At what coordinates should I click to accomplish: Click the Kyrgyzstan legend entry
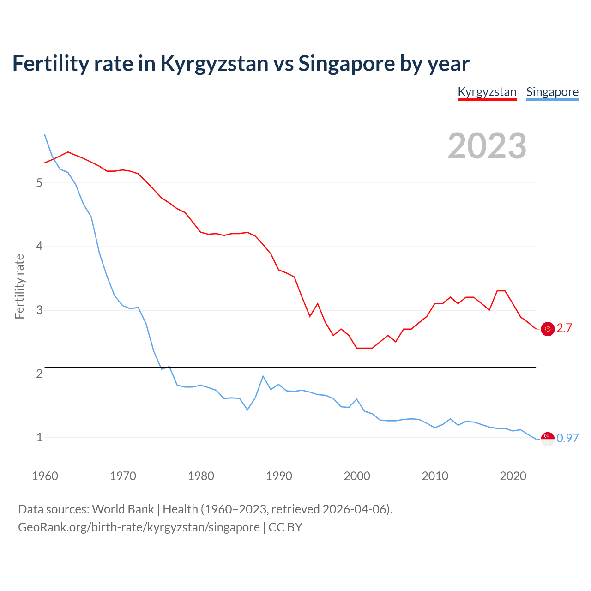click(x=487, y=92)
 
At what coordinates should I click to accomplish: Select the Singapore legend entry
click(x=552, y=92)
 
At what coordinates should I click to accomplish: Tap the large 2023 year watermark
click(x=487, y=146)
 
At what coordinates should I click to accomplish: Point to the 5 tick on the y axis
click(x=39, y=183)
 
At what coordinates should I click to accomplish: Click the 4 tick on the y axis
click(x=39, y=247)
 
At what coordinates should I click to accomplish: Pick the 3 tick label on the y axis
click(x=39, y=310)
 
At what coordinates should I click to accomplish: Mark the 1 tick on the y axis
click(x=39, y=437)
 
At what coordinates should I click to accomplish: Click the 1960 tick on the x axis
click(x=45, y=476)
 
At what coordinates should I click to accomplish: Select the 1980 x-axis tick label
click(x=201, y=476)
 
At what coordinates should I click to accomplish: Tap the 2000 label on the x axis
click(x=357, y=476)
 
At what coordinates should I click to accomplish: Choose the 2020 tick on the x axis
click(x=513, y=476)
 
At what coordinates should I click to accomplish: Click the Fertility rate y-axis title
click(x=19, y=286)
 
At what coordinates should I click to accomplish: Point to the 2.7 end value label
click(x=564, y=328)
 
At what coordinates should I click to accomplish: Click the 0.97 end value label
click(x=567, y=438)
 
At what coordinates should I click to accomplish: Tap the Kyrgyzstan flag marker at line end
click(x=548, y=329)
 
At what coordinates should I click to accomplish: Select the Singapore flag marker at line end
click(x=548, y=439)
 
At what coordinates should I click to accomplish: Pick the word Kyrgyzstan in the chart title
click(x=214, y=63)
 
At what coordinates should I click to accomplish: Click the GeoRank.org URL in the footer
click(x=139, y=527)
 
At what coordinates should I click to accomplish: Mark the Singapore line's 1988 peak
click(x=263, y=376)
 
